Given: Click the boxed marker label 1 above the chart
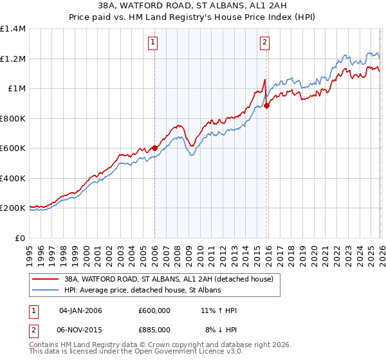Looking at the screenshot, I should (154, 43).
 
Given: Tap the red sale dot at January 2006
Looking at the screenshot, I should (155, 148).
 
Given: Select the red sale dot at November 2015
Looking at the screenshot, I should (267, 106).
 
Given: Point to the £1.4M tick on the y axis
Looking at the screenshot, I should (13, 29).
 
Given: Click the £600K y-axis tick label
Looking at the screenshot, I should (13, 148).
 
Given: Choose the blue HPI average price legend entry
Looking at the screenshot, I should (142, 291).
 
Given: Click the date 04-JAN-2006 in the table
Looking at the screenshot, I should (80, 310).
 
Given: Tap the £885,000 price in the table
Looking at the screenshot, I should (154, 330).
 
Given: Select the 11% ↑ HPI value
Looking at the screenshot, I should (219, 310).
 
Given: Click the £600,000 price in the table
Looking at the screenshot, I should (154, 310).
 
